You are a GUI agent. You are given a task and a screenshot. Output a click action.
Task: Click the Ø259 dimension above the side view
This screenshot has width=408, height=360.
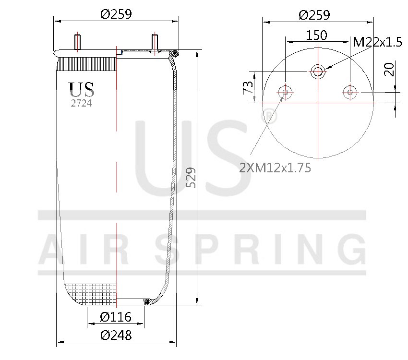coord(116,14)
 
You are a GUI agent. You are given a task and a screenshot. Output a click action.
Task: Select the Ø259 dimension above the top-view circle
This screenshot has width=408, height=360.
coord(314,15)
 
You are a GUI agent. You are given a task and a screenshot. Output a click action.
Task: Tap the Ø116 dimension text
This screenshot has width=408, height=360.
coord(116,317)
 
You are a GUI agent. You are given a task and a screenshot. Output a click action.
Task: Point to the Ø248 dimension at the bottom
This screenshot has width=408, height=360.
coord(116,336)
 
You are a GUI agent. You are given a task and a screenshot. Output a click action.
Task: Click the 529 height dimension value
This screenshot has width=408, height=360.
coord(191,178)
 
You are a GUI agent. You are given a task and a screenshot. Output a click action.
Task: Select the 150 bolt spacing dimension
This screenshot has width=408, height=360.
coord(317,36)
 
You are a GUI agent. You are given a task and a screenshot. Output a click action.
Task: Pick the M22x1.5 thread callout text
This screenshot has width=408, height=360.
coord(377,42)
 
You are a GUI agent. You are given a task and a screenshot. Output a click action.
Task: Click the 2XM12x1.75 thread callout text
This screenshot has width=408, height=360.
coord(275,168)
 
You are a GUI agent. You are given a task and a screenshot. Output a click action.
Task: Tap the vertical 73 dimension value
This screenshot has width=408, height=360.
coord(248,88)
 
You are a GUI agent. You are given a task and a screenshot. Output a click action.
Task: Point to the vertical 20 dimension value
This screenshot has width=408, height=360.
coord(389,69)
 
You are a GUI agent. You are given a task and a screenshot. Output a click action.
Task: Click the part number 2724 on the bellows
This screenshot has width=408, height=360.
coord(82,103)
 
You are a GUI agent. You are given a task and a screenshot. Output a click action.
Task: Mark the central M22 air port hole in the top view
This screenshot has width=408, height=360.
coord(317,72)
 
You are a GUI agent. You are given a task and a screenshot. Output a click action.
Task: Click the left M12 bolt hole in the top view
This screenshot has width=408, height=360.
coord(285,92)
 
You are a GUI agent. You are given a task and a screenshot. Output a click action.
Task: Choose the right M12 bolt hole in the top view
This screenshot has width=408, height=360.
coord(350,92)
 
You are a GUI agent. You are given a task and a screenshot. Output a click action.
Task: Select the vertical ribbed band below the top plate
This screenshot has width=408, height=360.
coord(87,63)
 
